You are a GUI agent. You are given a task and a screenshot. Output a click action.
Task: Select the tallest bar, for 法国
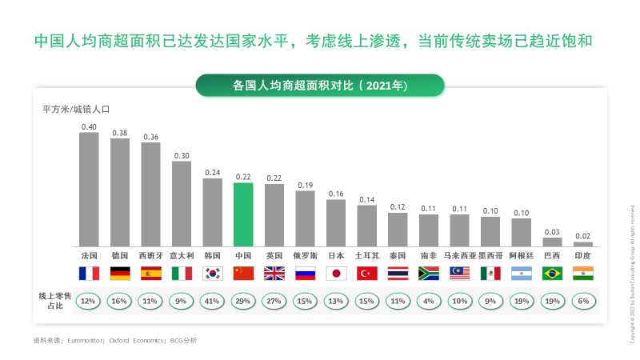pos(89,190)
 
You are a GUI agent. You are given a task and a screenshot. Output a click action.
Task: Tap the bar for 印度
pos(583,244)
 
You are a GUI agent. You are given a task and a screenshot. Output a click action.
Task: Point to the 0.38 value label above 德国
pos(120,133)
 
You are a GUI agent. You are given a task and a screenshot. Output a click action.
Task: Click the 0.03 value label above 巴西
pos(552,232)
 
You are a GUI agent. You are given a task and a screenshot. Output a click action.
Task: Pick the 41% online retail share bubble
pos(213,301)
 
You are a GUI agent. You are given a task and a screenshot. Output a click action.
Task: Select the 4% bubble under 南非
pos(429,301)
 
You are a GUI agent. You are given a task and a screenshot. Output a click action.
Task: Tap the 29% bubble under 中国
pos(243,301)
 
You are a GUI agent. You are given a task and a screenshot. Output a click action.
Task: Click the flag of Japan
pos(336,273)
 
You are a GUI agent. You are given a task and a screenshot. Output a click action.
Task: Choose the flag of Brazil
pos(552,273)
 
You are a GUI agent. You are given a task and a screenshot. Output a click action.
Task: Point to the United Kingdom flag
pos(274,273)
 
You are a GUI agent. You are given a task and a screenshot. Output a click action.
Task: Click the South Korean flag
pos(213,273)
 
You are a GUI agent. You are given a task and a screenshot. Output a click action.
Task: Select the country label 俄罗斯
pos(305,255)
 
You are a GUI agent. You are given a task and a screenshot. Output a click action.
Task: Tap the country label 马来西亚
pos(459,255)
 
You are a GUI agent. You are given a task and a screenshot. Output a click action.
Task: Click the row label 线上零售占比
pos(53,301)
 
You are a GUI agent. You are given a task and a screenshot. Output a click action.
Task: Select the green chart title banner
pos(320,85)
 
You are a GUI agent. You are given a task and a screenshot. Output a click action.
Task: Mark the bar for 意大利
pos(182,204)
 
